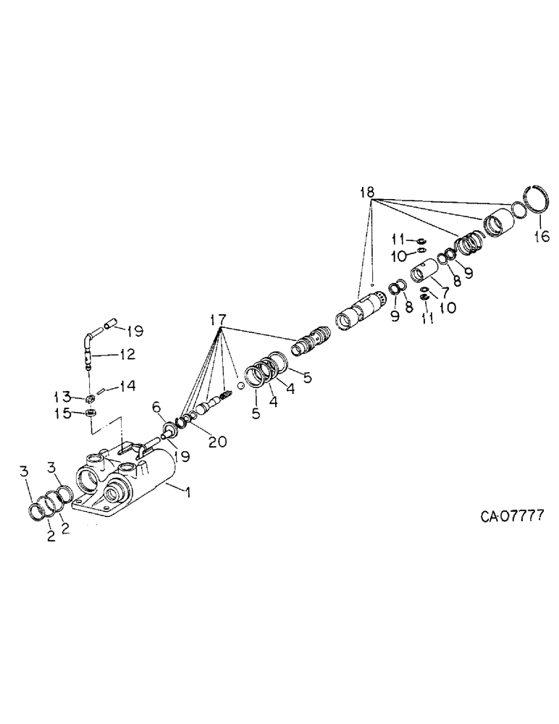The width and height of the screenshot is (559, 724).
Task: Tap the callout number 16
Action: pos(542,236)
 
